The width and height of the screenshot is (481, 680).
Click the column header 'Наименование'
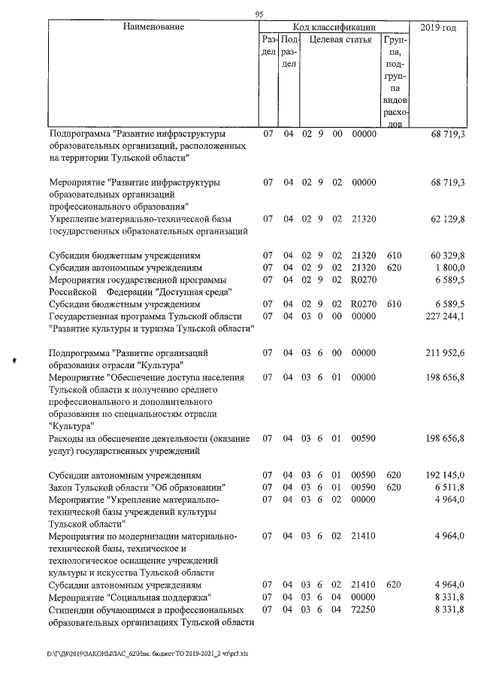(153, 27)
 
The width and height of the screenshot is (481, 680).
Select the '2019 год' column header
(438, 27)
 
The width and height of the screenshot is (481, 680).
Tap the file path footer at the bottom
(141, 654)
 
